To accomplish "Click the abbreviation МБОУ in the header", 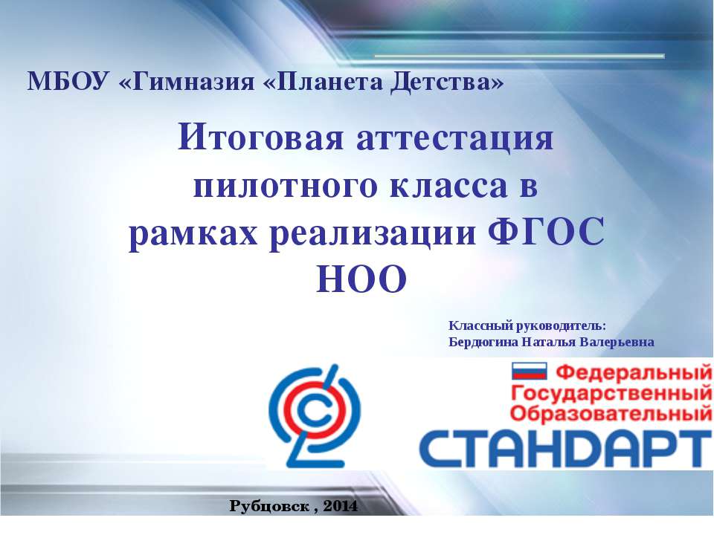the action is (x=68, y=82).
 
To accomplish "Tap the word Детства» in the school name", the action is (x=447, y=82).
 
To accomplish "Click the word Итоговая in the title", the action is (x=260, y=137).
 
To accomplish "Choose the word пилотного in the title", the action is (x=285, y=187).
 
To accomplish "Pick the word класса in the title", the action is (x=448, y=187).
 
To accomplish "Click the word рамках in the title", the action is (x=193, y=234).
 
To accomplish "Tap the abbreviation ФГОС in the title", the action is (x=547, y=231).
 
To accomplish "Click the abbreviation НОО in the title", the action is (x=361, y=279).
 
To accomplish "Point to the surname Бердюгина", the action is (x=483, y=342).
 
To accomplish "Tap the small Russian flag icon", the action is (x=529, y=371).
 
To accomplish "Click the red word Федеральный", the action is (x=634, y=372).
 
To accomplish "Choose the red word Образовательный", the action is (x=611, y=414).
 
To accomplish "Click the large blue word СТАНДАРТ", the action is (x=565, y=449).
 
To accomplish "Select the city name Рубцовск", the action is (x=270, y=506).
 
